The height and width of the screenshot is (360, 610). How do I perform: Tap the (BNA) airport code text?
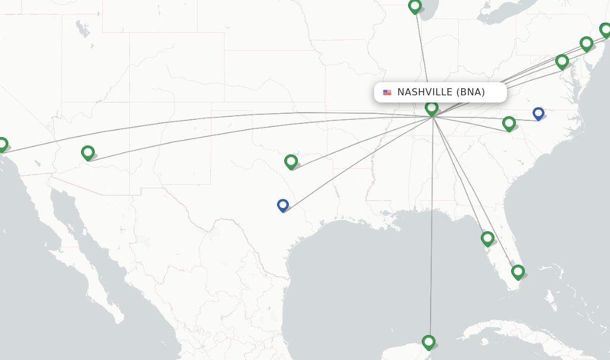[470, 92]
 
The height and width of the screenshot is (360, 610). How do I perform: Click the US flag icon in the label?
[387, 92]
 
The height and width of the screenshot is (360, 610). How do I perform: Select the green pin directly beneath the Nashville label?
[432, 108]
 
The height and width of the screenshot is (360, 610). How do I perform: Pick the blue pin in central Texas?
[283, 205]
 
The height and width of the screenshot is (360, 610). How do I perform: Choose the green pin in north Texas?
[291, 161]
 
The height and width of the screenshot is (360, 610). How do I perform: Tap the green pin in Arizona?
[88, 153]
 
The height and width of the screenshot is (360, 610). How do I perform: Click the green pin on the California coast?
[2, 144]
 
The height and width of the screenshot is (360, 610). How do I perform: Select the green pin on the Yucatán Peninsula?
[428, 342]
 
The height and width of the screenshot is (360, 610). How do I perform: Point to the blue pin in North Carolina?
[539, 113]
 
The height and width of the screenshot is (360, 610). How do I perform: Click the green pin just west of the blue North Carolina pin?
[509, 123]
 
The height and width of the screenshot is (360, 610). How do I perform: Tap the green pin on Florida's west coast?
[487, 238]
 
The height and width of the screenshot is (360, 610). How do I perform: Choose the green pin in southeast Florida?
[518, 272]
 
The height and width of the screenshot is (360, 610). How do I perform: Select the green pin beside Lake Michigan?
[415, 6]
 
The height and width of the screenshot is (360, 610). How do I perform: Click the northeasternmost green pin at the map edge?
[605, 29]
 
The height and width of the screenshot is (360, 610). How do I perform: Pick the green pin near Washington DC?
[562, 61]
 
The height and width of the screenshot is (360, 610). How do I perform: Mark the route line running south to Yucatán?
[431, 238]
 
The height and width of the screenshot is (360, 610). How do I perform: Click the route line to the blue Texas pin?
[357, 162]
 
